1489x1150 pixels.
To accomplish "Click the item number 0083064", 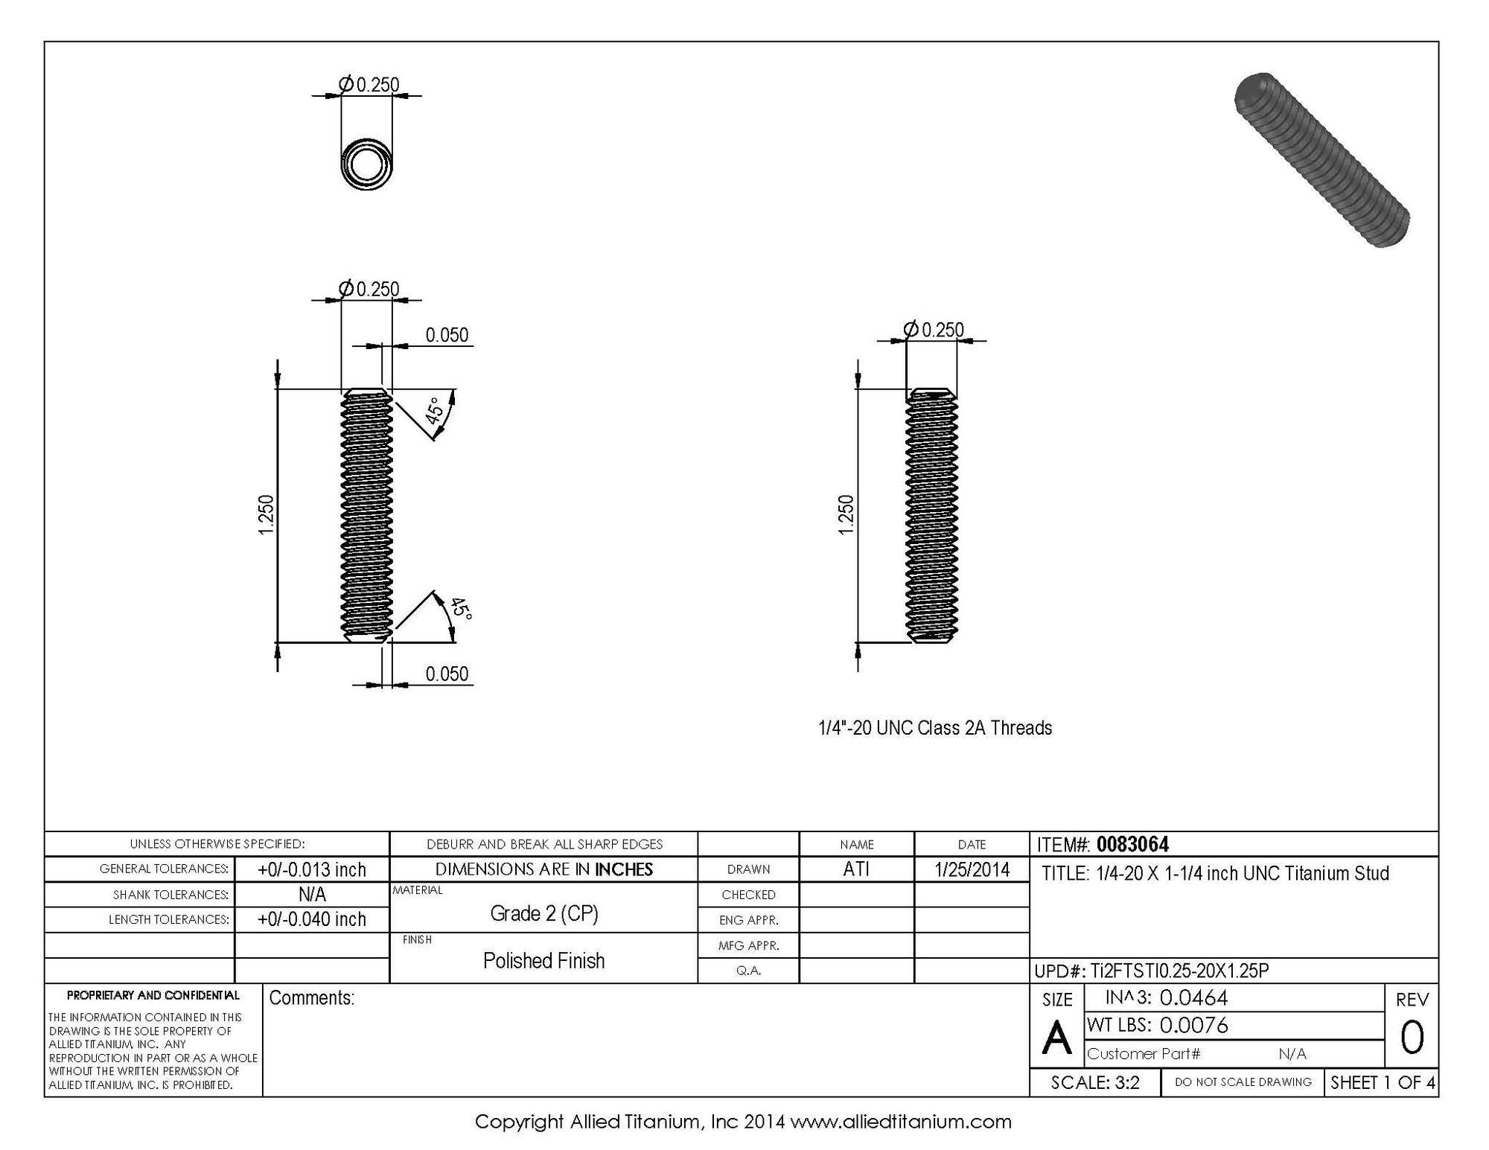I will (1132, 844).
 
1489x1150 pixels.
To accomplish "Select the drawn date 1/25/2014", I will (972, 869).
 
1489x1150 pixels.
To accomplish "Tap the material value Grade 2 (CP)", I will (543, 913).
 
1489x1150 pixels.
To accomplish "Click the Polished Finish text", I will (543, 961).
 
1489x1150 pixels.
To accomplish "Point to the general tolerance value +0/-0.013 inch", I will (312, 869).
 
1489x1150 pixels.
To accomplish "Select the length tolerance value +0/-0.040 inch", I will (312, 919).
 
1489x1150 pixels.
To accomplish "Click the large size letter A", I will (1056, 1038).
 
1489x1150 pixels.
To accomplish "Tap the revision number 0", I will (1412, 1038).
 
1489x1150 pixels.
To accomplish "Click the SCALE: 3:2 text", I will (1095, 1082).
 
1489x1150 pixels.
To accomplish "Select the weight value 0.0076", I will (1193, 1026).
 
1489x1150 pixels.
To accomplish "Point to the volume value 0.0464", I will (1193, 997).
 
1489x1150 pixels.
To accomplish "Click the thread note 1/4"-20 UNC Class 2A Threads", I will (935, 728).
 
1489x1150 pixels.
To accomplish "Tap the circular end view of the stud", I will (366, 164).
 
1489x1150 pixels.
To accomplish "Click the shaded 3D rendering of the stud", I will (1321, 160).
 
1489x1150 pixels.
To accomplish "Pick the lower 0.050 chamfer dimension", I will (447, 674).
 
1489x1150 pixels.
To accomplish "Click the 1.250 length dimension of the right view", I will (846, 514).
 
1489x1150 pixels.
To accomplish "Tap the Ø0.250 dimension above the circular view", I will (370, 85).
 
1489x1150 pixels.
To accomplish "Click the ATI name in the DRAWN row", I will (856, 869).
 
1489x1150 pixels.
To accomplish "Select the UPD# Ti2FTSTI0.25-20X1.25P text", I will (1152, 971).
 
